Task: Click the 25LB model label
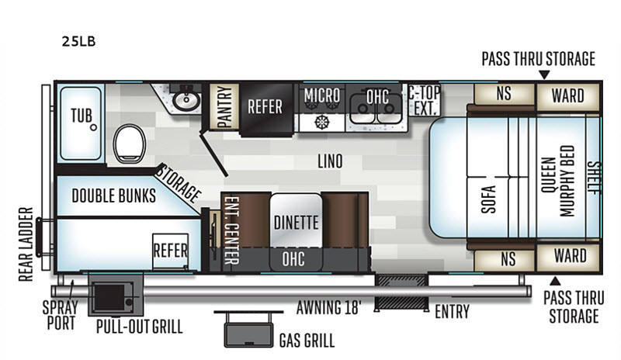78,41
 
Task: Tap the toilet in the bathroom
129,144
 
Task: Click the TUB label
82,116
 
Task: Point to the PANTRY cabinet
224,106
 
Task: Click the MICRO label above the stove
322,95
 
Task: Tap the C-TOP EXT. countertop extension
425,100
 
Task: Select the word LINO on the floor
330,161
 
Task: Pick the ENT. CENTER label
231,230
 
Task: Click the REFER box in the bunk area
170,251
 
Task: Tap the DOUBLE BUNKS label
113,196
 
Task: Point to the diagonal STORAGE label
179,184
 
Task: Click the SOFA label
489,199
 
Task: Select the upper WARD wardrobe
567,96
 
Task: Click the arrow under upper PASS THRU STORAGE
545,74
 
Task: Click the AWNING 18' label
328,307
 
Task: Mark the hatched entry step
401,292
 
